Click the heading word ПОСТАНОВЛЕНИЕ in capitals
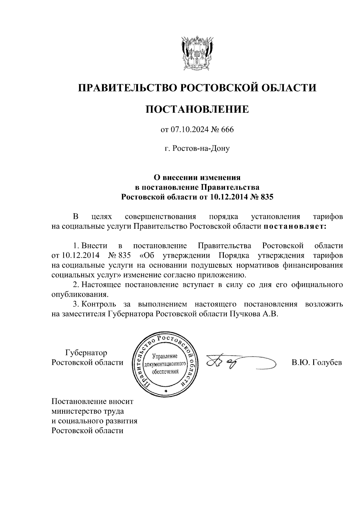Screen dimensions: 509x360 (x=197, y=109)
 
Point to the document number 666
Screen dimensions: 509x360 (x=227, y=130)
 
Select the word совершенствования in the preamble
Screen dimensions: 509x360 (x=160, y=217)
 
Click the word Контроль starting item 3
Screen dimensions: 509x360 (x=99, y=304)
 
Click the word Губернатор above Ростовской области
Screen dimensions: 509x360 (x=86, y=353)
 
